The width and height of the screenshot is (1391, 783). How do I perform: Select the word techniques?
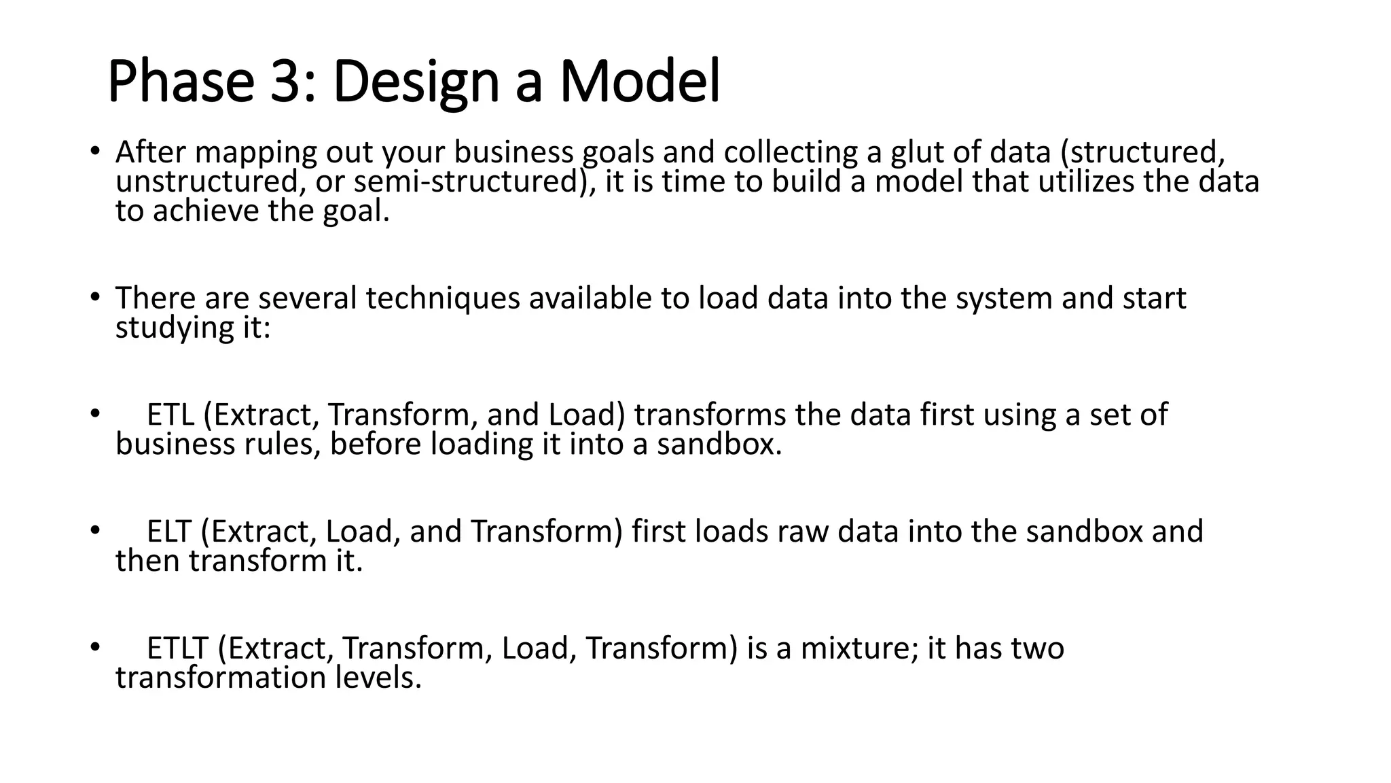tap(443, 298)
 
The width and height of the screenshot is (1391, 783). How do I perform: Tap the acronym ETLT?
tap(177, 648)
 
